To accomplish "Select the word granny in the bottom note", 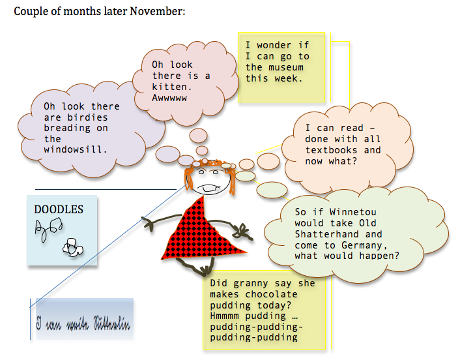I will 251,283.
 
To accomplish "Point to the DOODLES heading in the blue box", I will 59,209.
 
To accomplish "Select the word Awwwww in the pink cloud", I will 169,97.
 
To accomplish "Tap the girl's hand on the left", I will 149,225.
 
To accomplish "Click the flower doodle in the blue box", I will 71,246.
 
